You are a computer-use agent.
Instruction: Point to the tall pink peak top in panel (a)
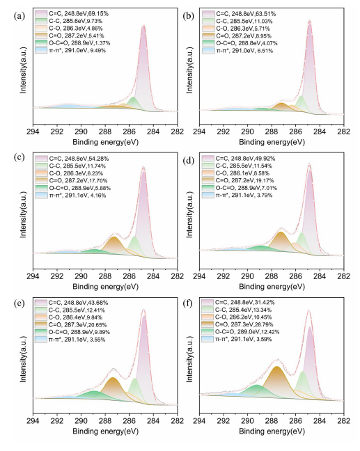tap(143, 26)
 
